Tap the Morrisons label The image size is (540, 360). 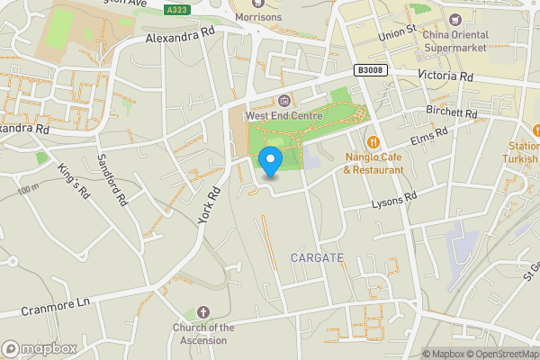point(257,17)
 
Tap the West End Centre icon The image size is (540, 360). point(284,99)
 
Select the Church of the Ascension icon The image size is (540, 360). point(203,312)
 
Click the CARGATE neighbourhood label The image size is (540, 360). point(317,258)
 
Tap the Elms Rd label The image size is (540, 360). point(429,137)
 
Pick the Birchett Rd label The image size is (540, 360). point(452,113)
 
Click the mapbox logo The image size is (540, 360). point(40,348)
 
